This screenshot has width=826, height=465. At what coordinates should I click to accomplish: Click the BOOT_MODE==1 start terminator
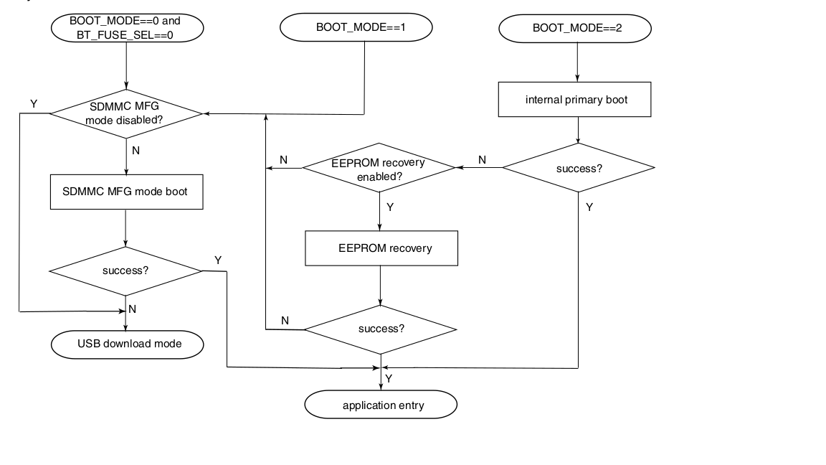pos(356,28)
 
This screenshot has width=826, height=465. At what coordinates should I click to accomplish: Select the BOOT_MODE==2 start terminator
pos(576,28)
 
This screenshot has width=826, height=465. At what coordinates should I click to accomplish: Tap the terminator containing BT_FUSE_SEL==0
pos(126,28)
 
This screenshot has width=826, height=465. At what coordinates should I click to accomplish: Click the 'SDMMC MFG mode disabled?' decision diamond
pos(126,113)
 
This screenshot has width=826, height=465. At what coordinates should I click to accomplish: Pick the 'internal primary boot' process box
pos(575,99)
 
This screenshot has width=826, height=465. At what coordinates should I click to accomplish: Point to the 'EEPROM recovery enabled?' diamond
pos(379,168)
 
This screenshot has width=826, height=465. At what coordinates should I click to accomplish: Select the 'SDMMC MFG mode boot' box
pos(126,192)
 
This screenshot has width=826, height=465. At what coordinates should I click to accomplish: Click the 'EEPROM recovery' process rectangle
pos(381,248)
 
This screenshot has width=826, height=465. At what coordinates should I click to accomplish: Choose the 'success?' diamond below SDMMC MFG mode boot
pos(126,271)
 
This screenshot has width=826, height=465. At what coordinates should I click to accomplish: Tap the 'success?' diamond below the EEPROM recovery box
pos(381,329)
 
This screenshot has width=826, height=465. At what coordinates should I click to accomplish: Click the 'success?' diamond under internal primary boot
pos(579,168)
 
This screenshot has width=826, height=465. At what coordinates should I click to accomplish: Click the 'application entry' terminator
pos(381,405)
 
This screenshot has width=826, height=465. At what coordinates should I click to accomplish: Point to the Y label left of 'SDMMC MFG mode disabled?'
pos(34,104)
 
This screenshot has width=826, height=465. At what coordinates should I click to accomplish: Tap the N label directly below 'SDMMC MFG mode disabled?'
pos(136,151)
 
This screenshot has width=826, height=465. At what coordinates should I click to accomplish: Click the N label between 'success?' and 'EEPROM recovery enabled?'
pos(482,160)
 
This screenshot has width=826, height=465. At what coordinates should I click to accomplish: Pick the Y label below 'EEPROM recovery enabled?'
pos(389,207)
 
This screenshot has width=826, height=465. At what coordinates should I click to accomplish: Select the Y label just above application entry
pos(388,377)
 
